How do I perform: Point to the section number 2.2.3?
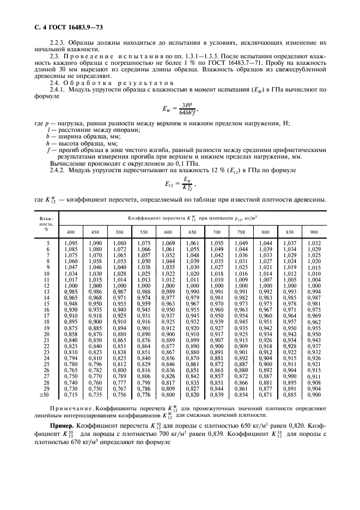[58, 42]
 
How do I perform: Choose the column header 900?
[314, 232]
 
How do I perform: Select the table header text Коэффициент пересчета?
[150, 218]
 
